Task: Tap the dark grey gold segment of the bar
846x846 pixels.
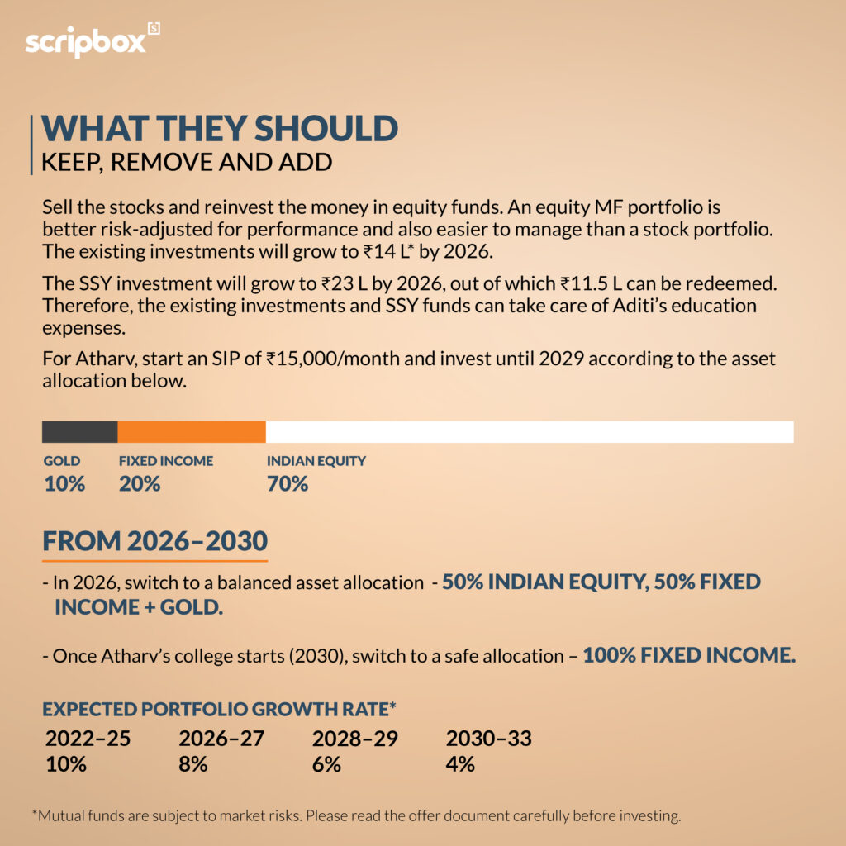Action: [x=80, y=431]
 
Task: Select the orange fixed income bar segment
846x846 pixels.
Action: [x=192, y=431]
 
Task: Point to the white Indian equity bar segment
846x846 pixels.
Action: [x=529, y=431]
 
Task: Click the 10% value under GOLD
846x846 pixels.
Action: [x=64, y=484]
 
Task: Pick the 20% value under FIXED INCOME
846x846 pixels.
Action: [x=140, y=484]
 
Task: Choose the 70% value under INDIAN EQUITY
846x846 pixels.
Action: [x=288, y=484]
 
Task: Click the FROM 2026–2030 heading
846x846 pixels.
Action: [x=154, y=542]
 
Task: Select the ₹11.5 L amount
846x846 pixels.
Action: [x=599, y=283]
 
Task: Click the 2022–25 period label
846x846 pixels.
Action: [x=88, y=739]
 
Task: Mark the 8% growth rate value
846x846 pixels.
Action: [x=193, y=764]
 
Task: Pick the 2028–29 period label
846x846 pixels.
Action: [x=355, y=739]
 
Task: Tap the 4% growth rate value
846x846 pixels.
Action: [x=460, y=764]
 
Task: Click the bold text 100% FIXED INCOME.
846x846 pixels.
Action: [x=689, y=657]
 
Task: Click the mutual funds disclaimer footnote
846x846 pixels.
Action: [x=357, y=816]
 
